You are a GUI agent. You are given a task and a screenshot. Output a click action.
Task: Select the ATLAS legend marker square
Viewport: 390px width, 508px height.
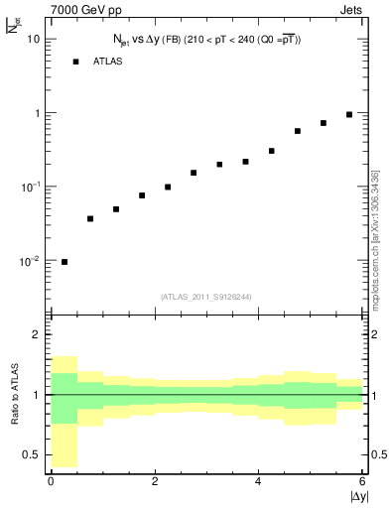(x=75, y=62)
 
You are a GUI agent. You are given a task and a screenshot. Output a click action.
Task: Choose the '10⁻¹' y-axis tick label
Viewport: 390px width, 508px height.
(x=30, y=186)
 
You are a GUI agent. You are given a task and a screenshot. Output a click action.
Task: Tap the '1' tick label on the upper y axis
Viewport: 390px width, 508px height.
(x=38, y=112)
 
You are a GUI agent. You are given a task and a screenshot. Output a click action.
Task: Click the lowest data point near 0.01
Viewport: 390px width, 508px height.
(x=65, y=262)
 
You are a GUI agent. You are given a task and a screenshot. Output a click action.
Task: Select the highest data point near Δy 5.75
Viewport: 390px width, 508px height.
(x=349, y=114)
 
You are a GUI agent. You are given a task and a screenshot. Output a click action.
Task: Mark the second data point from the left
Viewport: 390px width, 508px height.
(x=90, y=218)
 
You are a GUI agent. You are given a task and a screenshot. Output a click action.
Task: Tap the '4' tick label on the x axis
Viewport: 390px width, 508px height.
(x=258, y=482)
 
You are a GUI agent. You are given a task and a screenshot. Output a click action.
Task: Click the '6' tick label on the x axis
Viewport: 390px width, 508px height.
(x=361, y=482)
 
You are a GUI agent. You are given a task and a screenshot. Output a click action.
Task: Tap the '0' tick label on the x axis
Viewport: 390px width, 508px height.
(x=51, y=482)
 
